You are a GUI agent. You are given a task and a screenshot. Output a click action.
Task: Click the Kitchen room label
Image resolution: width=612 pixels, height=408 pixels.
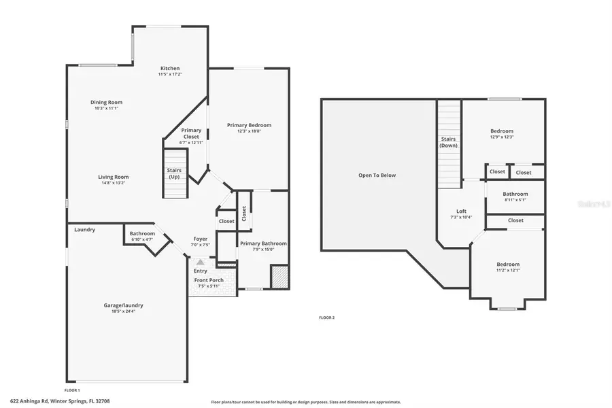(170, 69)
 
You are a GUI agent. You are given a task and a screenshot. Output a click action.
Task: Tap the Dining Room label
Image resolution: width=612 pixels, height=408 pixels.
(107, 103)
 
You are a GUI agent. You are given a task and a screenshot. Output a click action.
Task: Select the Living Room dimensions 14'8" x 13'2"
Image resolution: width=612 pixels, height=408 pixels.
(113, 182)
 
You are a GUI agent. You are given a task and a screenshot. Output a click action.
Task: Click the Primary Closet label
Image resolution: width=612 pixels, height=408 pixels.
(191, 133)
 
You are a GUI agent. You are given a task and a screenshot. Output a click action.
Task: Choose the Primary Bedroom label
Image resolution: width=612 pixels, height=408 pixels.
(249, 125)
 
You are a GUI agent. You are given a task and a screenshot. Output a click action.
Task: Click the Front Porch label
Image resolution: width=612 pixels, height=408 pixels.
(209, 280)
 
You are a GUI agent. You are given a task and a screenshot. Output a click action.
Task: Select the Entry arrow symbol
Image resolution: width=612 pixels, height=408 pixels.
(200, 261)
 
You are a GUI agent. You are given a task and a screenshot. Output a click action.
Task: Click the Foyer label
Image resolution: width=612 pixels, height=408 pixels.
(200, 239)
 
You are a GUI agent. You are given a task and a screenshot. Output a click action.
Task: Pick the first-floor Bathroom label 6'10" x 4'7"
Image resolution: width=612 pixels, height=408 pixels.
(142, 234)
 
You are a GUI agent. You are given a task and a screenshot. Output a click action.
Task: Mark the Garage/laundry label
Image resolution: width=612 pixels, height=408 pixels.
(123, 305)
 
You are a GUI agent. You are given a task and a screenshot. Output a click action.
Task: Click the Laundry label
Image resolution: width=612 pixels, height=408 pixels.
(85, 230)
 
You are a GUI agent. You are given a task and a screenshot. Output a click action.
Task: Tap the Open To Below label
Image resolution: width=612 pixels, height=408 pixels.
(377, 175)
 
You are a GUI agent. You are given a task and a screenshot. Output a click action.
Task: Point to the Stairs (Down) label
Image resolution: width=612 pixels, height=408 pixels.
(448, 142)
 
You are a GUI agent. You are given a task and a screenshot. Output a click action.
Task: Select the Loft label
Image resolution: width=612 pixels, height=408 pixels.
(461, 211)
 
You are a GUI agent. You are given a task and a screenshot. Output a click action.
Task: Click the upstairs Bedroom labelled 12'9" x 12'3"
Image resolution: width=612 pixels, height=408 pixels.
(502, 131)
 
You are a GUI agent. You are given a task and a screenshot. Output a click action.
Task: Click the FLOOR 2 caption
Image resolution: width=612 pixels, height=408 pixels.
(326, 318)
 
